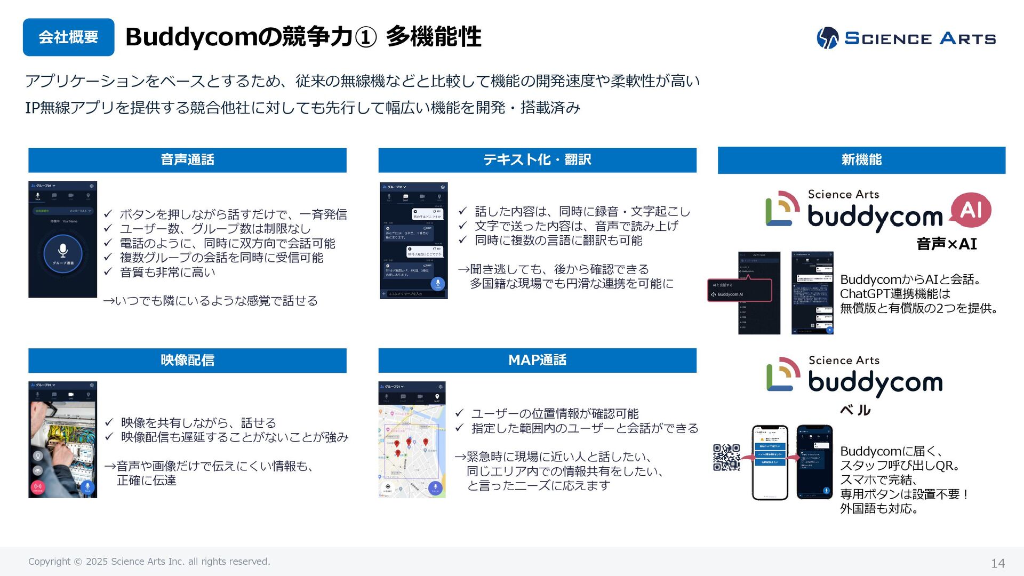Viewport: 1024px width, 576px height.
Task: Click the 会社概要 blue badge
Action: [x=68, y=37]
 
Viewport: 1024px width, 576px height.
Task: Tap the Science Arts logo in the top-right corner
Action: [x=906, y=38]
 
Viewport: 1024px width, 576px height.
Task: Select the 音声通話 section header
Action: [x=187, y=160]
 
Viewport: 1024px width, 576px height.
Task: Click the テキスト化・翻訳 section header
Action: [x=537, y=160]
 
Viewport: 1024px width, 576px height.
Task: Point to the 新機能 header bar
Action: [x=861, y=160]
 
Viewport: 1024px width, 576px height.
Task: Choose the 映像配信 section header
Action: [x=187, y=361]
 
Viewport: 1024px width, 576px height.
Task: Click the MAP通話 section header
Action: [x=537, y=361]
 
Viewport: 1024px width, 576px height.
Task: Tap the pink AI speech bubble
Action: [x=971, y=210]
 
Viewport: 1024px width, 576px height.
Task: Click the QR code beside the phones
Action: [x=726, y=457]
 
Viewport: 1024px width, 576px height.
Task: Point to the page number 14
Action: [x=997, y=563]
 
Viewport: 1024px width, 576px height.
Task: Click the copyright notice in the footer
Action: [x=149, y=562]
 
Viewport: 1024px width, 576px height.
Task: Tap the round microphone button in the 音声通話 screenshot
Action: [x=63, y=253]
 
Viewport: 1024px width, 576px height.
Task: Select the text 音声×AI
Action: [x=946, y=244]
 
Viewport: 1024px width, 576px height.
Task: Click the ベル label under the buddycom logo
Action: [x=855, y=410]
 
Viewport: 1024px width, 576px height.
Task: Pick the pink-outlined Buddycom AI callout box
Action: [x=739, y=290]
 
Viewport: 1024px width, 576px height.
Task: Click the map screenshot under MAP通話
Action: [x=412, y=440]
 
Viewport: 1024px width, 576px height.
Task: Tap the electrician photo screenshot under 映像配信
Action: [x=62, y=440]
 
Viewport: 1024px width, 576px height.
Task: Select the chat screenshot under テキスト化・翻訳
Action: [x=413, y=241]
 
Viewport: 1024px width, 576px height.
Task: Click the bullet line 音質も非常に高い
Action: [x=167, y=273]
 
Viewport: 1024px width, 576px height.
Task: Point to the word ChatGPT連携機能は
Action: [x=895, y=294]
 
